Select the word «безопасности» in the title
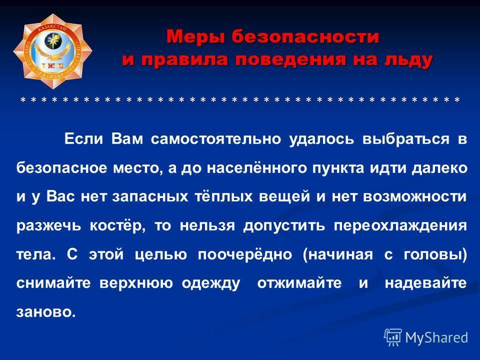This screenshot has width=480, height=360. pos(305,36)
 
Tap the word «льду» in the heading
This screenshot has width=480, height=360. pos(408,60)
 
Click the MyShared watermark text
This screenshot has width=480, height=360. pos(436,337)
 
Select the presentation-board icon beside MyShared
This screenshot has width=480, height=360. pos(393,337)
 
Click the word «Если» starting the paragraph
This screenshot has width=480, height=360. pos(83,138)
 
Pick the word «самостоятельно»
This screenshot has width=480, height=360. pos(216,139)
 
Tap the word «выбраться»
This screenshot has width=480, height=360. pos(406,139)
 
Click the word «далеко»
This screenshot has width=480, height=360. pos(439,168)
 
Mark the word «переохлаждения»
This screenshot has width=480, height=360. pos(400,226)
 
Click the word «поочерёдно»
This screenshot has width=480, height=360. pos(244,254)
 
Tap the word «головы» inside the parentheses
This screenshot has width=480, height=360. pos(435,254)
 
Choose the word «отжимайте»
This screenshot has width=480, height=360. pos(299,283)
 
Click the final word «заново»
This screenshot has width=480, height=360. pos(46,312)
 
